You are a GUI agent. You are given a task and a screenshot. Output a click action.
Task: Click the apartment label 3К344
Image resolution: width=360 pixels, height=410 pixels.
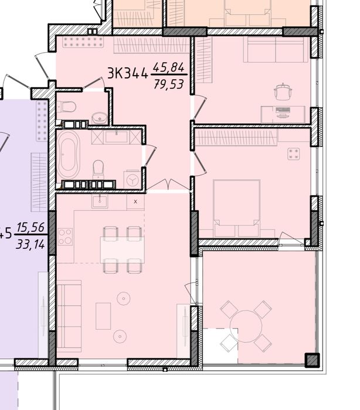click(x=127, y=73)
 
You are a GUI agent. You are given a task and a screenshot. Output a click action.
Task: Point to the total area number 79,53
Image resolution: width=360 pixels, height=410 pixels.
click(x=169, y=84)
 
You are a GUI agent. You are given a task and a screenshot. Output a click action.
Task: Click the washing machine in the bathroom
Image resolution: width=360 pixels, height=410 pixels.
click(x=133, y=177)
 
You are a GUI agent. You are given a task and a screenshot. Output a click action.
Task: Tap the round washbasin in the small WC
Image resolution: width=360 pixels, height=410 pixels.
click(x=100, y=118)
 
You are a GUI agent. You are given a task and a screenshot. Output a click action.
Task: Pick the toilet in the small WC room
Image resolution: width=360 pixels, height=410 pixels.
click(x=66, y=107)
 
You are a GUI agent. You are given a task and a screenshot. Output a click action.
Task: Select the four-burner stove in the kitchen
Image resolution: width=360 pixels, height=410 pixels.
click(x=64, y=237)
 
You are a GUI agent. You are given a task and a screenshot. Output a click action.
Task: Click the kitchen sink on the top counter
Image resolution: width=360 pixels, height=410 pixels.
click(x=100, y=202)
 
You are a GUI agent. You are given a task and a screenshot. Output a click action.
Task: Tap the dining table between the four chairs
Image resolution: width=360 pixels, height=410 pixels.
click(x=122, y=250)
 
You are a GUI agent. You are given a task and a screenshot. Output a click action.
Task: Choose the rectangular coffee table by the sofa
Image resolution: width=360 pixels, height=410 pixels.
click(x=103, y=316)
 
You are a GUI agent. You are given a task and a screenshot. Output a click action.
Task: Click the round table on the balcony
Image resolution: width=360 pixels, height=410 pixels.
click(x=246, y=326)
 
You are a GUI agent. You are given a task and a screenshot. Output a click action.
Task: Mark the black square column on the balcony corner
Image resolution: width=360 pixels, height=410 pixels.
click(x=312, y=360)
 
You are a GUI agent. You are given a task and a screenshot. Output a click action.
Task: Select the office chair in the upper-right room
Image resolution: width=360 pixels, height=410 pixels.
click(x=283, y=92)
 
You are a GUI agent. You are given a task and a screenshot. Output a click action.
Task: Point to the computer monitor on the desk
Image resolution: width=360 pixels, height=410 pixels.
click(x=283, y=111)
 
